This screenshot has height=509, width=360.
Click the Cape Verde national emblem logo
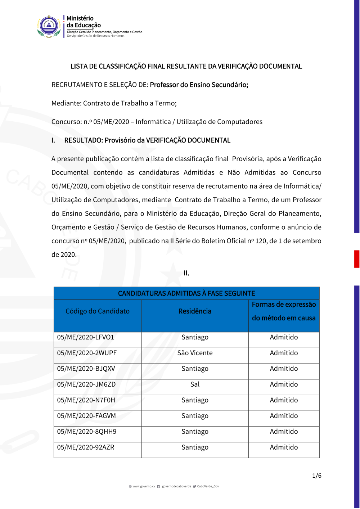coord(49,26)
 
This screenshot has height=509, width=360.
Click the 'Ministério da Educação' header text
coord(84,22)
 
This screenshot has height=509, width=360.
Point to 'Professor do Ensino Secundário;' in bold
coord(199,85)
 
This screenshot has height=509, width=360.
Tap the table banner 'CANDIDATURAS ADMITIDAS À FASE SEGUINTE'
coord(186,293)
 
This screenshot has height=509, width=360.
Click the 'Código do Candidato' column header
coord(98,311)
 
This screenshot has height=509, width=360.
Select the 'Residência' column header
coord(195,311)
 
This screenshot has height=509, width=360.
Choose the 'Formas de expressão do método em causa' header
coord(284,311)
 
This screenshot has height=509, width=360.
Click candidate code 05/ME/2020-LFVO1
coord(86,337)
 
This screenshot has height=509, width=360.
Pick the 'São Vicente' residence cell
coord(195,353)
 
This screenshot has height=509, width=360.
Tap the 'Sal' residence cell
coord(195,384)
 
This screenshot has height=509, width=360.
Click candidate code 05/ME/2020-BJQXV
coord(86,369)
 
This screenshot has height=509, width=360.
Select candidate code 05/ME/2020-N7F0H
coord(86,400)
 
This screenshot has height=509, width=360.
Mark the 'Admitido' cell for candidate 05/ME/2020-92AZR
coord(284,447)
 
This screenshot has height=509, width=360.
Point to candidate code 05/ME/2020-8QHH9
coord(87,432)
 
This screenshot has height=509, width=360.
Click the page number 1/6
coord(317,476)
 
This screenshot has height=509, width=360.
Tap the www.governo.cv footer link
coord(144,486)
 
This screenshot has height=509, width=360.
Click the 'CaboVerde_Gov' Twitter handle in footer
coord(208,486)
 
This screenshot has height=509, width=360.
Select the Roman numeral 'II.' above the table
coord(186,273)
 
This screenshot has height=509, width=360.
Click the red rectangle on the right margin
coord(357,259)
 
